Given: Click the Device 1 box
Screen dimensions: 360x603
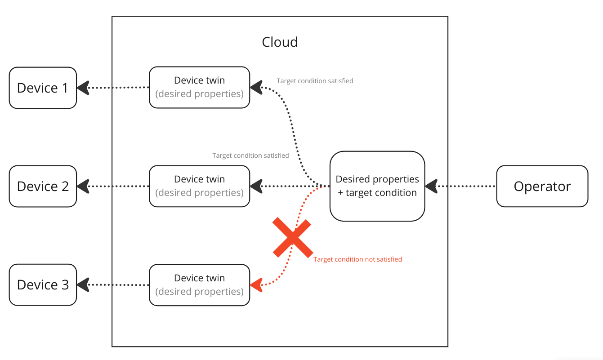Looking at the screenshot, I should click(x=43, y=88).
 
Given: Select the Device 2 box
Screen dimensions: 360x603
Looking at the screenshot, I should click(x=43, y=186).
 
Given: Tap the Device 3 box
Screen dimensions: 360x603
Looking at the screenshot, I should click(x=43, y=285).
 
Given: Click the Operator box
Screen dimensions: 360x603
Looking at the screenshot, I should click(x=542, y=186).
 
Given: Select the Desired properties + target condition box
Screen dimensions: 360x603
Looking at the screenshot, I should click(x=377, y=186).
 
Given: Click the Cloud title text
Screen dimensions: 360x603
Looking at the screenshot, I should click(x=280, y=42).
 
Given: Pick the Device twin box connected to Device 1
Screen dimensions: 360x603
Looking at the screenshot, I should click(x=199, y=87).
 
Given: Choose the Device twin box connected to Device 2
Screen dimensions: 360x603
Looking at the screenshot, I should click(x=199, y=186).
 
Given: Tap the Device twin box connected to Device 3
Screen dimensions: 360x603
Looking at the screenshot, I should click(x=199, y=285).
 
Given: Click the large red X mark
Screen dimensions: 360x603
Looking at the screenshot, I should click(x=292, y=238).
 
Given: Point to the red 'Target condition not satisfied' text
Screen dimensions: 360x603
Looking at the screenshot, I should click(x=357, y=259).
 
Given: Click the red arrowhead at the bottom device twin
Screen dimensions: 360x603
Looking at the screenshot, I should click(x=256, y=285).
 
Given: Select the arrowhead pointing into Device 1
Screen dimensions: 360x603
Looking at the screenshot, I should click(x=83, y=88).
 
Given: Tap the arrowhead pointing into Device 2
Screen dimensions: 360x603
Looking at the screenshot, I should click(x=83, y=186).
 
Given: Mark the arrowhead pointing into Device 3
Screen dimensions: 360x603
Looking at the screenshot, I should click(x=83, y=285).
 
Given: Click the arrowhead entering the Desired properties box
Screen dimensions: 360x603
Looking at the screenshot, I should click(x=431, y=186).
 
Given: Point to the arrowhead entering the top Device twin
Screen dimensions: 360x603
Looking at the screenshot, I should click(x=256, y=87).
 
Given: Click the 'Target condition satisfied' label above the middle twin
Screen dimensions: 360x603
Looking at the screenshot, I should click(x=250, y=156).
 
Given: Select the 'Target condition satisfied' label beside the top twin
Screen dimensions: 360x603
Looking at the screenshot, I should click(x=315, y=81).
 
